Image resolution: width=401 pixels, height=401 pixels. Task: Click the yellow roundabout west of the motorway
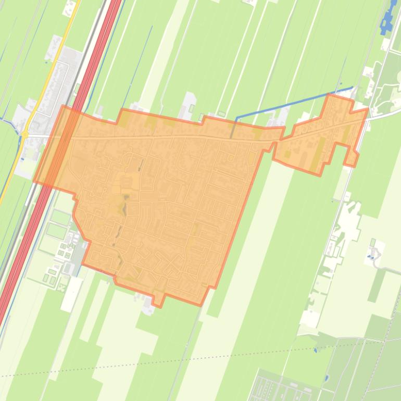tap(24, 134)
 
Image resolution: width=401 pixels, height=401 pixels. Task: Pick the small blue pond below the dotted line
tap(326, 378)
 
